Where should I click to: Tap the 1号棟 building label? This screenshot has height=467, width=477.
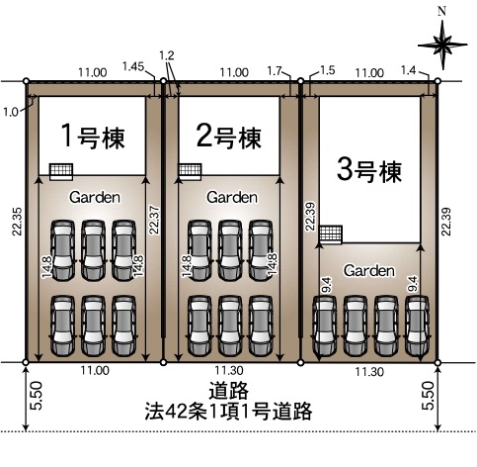click(x=94, y=137)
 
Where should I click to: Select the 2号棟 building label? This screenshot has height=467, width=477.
click(x=229, y=137)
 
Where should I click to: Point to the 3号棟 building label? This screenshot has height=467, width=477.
click(x=369, y=170)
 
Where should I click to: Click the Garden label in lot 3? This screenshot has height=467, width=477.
click(x=369, y=270)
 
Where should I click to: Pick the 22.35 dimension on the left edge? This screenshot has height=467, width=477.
click(x=17, y=222)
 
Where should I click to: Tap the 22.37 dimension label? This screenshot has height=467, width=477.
click(x=154, y=220)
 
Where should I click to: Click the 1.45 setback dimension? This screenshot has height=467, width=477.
click(x=133, y=66)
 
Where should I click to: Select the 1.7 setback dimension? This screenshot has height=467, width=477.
click(x=275, y=71)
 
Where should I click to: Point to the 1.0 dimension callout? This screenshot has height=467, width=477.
click(x=11, y=113)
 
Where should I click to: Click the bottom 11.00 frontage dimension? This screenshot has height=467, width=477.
click(x=95, y=370)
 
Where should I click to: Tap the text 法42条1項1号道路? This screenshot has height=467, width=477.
click(x=228, y=411)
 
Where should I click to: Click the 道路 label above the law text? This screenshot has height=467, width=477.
click(x=228, y=391)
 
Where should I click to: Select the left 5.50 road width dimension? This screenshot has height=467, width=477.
click(x=37, y=396)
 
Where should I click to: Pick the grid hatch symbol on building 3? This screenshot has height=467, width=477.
click(x=331, y=234)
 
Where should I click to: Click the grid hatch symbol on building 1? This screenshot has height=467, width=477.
click(x=61, y=172)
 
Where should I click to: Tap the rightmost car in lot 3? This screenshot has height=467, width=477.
click(x=417, y=326)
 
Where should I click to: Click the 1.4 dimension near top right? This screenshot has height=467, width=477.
click(x=409, y=70)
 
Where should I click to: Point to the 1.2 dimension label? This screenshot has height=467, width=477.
click(x=167, y=55)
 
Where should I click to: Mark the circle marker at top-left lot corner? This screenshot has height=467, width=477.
click(x=27, y=81)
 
